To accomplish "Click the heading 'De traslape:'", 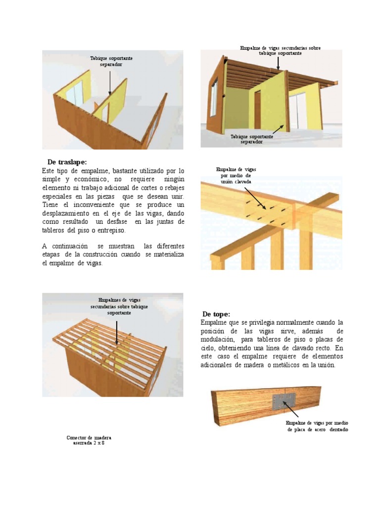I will click(x=67, y=162).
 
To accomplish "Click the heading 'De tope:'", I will click(x=216, y=314).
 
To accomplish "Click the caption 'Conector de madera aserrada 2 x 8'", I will click(x=89, y=441).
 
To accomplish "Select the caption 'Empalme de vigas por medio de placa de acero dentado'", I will click(x=317, y=426).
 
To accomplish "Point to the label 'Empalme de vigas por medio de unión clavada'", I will click(x=236, y=176).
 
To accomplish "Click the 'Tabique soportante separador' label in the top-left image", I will click(x=111, y=61).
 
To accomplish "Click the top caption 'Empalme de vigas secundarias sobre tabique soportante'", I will click(x=280, y=51).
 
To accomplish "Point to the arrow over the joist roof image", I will click(x=117, y=332).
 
